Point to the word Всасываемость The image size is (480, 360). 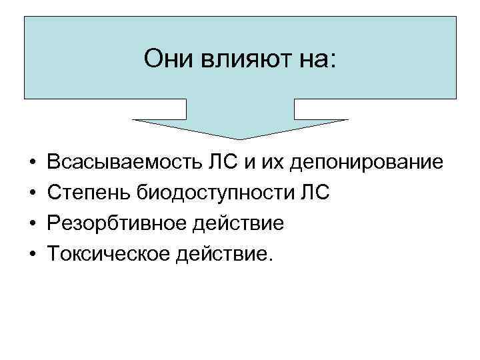[117, 162]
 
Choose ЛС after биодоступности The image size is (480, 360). [314, 193]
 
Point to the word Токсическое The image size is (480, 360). [107, 254]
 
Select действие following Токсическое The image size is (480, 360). [221, 254]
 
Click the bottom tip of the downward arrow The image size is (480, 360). [240, 139]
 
